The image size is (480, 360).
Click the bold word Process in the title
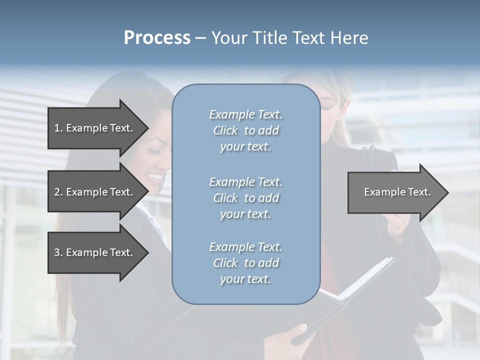point(157,38)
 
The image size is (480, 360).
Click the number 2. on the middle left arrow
point(58,192)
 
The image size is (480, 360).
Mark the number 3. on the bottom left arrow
point(58,252)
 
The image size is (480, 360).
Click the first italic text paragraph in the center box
point(245,130)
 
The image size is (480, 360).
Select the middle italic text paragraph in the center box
point(245,198)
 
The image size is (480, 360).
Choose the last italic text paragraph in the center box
point(245,263)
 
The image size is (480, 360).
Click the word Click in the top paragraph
point(225,130)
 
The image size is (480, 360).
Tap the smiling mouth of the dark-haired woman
point(156,176)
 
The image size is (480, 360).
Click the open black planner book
point(350,290)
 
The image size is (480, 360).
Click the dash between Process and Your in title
point(200,38)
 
